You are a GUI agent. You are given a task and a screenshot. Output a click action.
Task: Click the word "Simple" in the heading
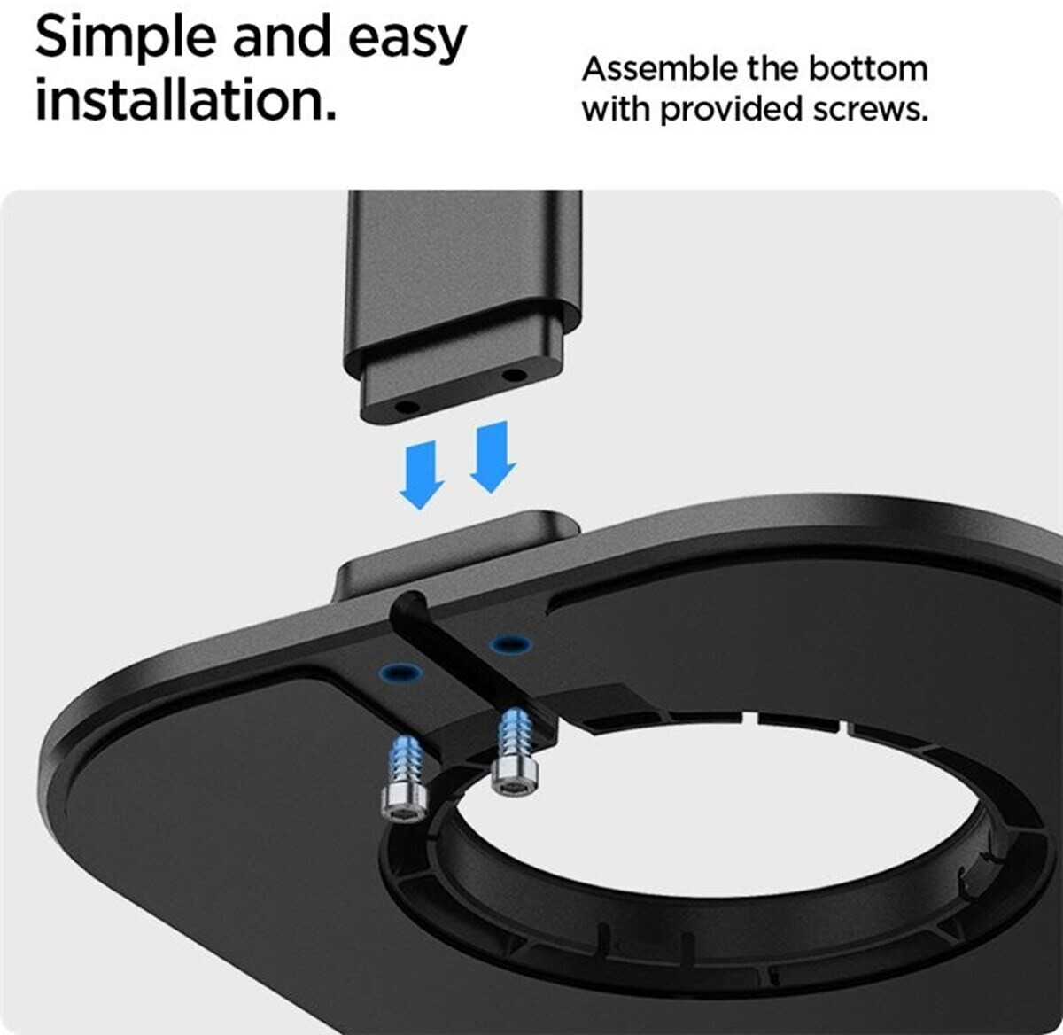coord(126,38)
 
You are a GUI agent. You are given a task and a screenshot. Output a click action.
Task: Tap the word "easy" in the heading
coord(407,39)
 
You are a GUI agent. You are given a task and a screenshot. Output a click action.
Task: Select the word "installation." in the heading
coord(186,99)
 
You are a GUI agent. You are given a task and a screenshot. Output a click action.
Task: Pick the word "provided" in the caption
coord(732,109)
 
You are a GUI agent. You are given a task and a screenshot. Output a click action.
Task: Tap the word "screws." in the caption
coord(871,109)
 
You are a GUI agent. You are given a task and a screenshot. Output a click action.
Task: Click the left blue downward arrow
coord(421,475)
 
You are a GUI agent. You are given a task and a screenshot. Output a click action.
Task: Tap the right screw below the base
coord(514,752)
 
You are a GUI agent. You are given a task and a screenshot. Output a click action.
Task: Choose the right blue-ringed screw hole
coord(510,643)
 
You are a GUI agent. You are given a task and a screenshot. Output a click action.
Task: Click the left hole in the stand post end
coord(406,407)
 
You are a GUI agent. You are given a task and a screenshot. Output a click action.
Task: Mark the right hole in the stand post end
coord(514,375)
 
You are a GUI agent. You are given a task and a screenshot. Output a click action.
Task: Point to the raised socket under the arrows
coord(456,552)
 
